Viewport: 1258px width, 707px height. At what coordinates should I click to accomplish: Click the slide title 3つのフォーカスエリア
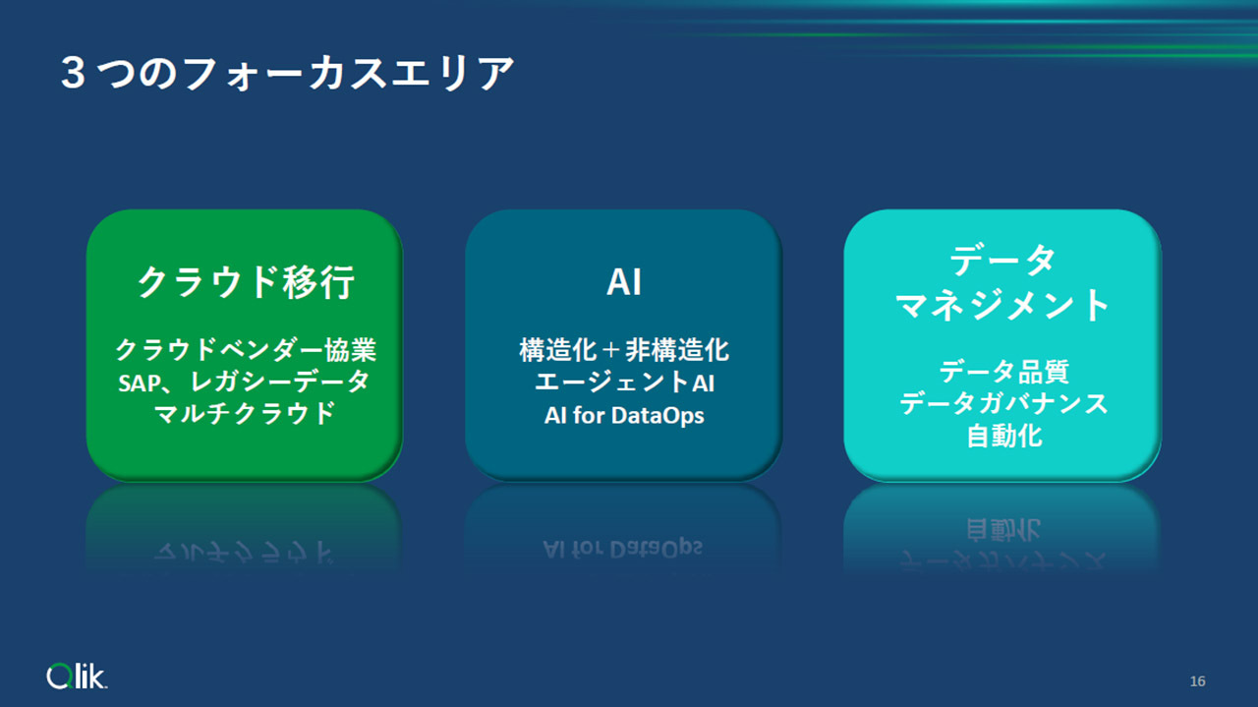point(287,73)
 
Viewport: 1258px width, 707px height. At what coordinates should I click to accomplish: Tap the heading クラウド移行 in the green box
point(246,282)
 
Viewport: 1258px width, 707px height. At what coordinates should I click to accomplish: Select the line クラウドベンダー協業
point(246,349)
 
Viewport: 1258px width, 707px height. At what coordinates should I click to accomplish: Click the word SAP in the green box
point(140,383)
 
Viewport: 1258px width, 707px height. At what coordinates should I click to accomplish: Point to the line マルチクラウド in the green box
point(246,414)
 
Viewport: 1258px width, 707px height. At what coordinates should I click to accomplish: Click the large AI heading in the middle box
point(624,282)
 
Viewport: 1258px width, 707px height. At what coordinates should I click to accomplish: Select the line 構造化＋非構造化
point(624,350)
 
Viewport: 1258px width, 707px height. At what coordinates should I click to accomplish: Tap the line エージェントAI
point(624,383)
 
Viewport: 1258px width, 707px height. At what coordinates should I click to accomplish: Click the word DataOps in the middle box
point(658,416)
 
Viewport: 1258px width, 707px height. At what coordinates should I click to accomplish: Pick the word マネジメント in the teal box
point(1002,305)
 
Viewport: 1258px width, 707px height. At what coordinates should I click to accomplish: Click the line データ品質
point(1003,372)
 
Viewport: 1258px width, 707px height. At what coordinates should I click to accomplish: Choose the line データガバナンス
point(1003,403)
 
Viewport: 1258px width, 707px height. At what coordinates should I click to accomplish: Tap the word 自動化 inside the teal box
point(1004,437)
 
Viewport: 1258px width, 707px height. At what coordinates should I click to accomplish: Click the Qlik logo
point(77,677)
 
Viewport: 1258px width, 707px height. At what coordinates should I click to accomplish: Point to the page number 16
point(1197,681)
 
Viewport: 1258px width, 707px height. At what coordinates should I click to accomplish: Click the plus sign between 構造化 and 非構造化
point(610,351)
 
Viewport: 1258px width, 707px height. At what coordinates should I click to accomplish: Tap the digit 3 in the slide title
point(73,73)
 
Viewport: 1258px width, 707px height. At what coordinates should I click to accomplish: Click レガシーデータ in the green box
point(280,383)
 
